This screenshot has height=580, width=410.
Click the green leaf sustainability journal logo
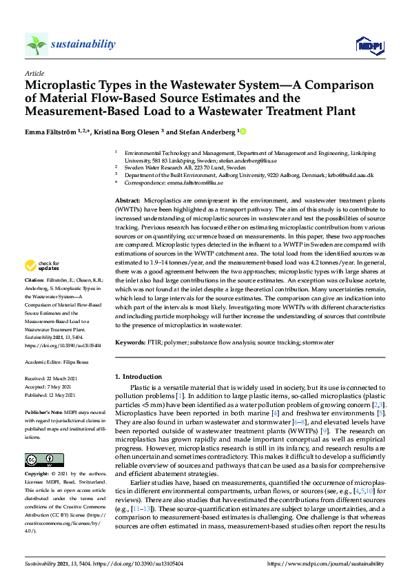pos(36,44)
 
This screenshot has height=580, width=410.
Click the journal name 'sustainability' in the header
pos(83,44)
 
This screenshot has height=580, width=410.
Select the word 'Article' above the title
pos(34,72)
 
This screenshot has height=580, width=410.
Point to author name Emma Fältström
pos(53,131)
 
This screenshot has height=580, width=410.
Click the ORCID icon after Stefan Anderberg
pos(243,131)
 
